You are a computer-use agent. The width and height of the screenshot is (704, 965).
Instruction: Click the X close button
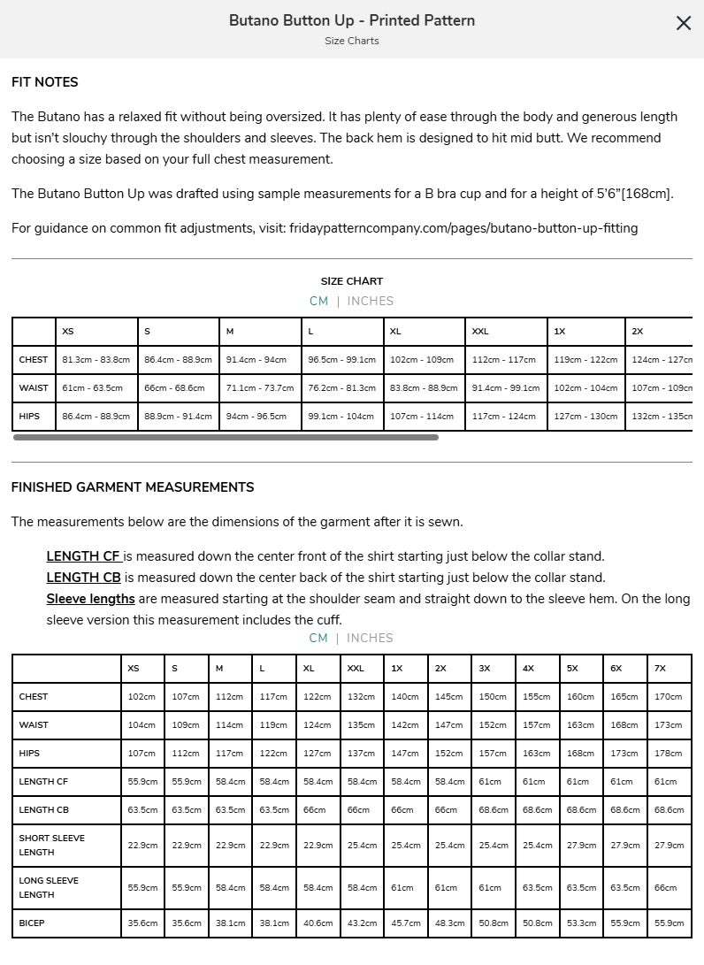pos(683,24)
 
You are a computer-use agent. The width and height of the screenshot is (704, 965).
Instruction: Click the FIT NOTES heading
pos(45,82)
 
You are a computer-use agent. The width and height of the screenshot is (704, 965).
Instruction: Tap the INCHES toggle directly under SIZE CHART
pos(370,301)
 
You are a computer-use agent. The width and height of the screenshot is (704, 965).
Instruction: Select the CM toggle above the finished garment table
pos(318,638)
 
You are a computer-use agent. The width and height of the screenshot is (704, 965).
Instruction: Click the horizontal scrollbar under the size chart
pos(226,437)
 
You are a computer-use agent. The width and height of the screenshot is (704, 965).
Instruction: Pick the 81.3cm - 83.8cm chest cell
pos(96,360)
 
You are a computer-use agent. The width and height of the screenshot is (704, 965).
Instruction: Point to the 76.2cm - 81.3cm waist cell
pos(341,388)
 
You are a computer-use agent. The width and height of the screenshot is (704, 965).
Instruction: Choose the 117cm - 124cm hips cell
pos(504,417)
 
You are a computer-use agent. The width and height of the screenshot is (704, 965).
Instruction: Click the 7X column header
pos(660,669)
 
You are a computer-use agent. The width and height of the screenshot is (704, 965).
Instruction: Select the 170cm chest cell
pos(669,697)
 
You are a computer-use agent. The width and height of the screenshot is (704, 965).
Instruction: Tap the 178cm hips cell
pos(669,754)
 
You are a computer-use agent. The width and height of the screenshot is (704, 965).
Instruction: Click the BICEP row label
pos(32,923)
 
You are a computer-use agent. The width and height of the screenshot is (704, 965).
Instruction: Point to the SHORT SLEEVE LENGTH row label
pos(52,846)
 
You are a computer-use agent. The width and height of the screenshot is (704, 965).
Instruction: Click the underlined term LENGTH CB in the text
pos(83,578)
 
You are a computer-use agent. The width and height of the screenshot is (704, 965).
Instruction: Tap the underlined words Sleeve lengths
pos(90,599)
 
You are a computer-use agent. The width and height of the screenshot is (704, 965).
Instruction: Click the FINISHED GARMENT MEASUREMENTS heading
pos(133,487)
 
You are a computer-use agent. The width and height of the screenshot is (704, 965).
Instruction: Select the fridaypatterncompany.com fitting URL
pos(463,228)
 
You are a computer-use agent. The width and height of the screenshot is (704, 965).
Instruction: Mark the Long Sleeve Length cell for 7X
pos(669,888)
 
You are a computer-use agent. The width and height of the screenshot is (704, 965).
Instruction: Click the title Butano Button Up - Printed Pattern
pos(352,20)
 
